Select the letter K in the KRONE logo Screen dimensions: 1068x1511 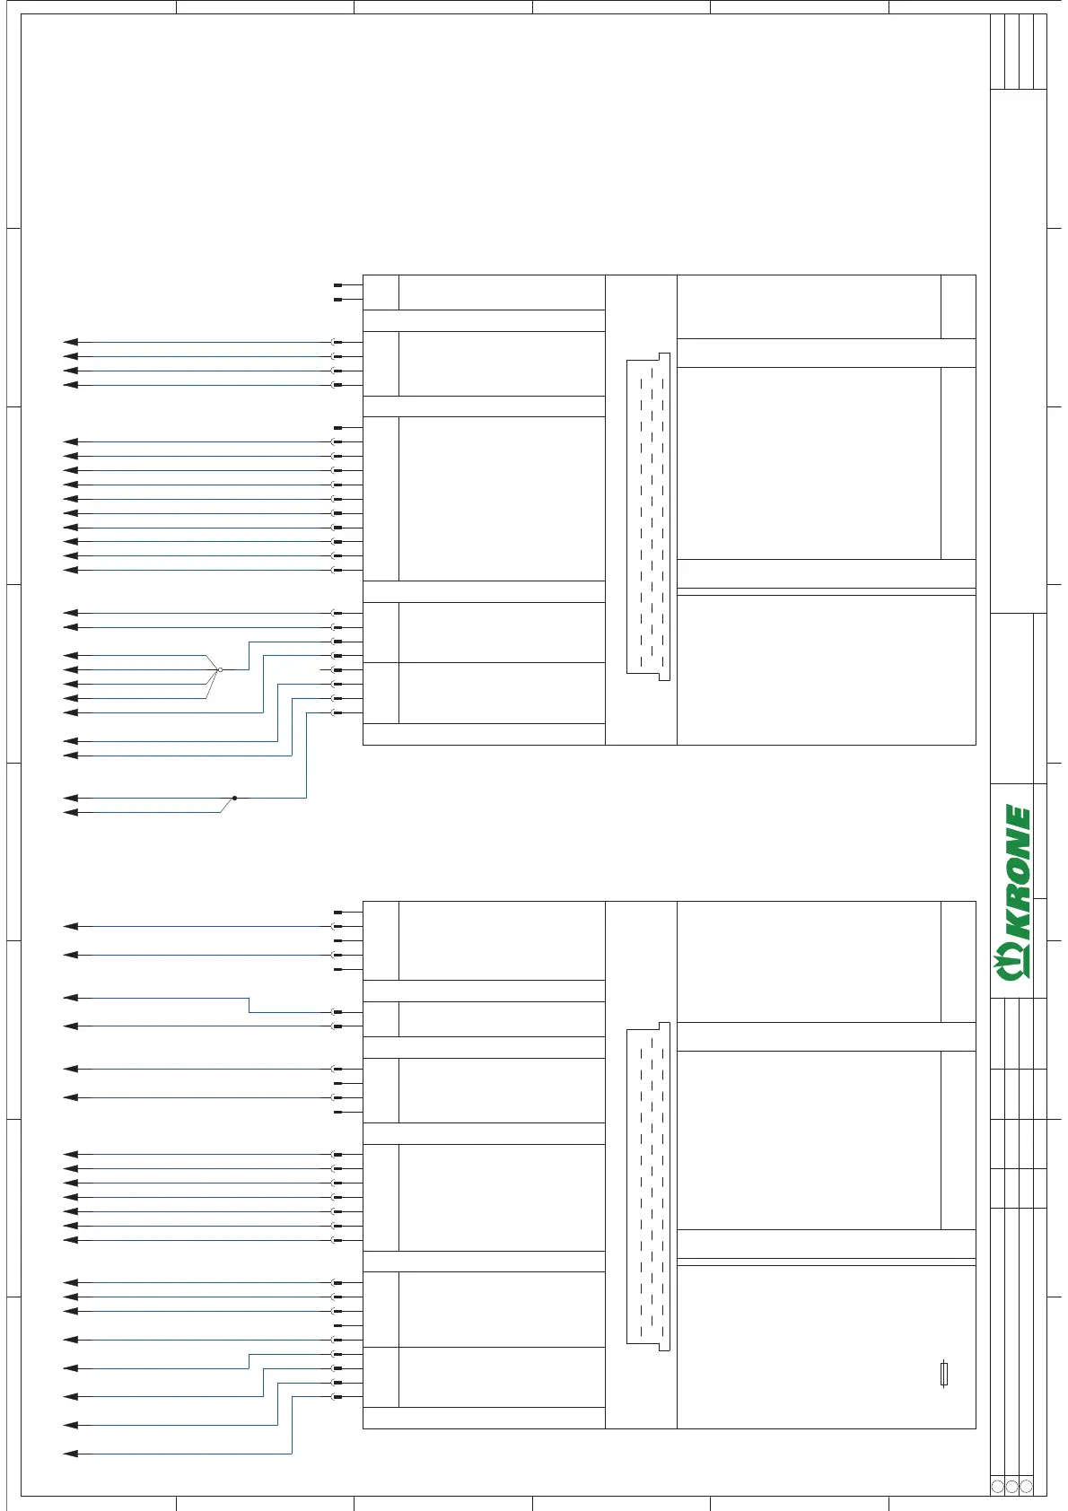(1016, 925)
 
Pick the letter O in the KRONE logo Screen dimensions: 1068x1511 (1017, 870)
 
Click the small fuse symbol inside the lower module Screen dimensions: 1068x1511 (944, 1374)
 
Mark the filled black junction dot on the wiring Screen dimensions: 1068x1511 (234, 798)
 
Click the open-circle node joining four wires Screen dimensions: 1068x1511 (220, 669)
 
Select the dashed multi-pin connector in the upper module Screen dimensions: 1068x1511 (649, 516)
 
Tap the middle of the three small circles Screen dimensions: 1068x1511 (1011, 1487)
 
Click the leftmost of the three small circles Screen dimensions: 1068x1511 (997, 1487)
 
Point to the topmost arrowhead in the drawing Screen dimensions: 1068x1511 (71, 342)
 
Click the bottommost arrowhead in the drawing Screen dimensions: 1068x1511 (71, 1454)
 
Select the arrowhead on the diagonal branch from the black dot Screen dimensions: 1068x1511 (71, 813)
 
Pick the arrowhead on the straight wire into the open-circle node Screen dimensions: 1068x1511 (71, 669)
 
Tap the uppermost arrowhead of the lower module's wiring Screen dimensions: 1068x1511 (71, 926)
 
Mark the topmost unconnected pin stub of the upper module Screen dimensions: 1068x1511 (337, 285)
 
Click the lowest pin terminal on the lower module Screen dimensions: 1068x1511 (337, 1397)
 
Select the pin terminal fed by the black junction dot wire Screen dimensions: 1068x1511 (337, 712)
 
